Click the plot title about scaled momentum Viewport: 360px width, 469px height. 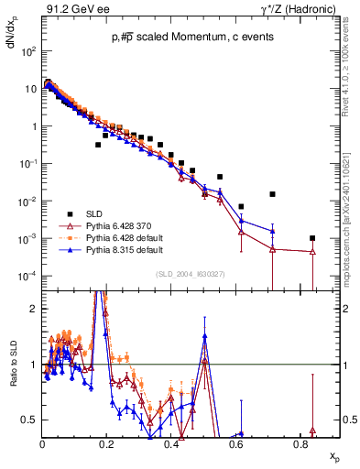pyautogui.click(x=182, y=38)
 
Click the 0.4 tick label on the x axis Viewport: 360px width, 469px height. pyautogui.click(x=172, y=443)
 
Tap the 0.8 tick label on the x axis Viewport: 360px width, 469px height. pyautogui.click(x=300, y=443)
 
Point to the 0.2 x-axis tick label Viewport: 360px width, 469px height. pyautogui.click(x=107, y=443)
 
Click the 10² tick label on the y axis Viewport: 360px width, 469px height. pyautogui.click(x=28, y=52)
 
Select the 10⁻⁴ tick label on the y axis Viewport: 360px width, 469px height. pyautogui.click(x=27, y=276)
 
